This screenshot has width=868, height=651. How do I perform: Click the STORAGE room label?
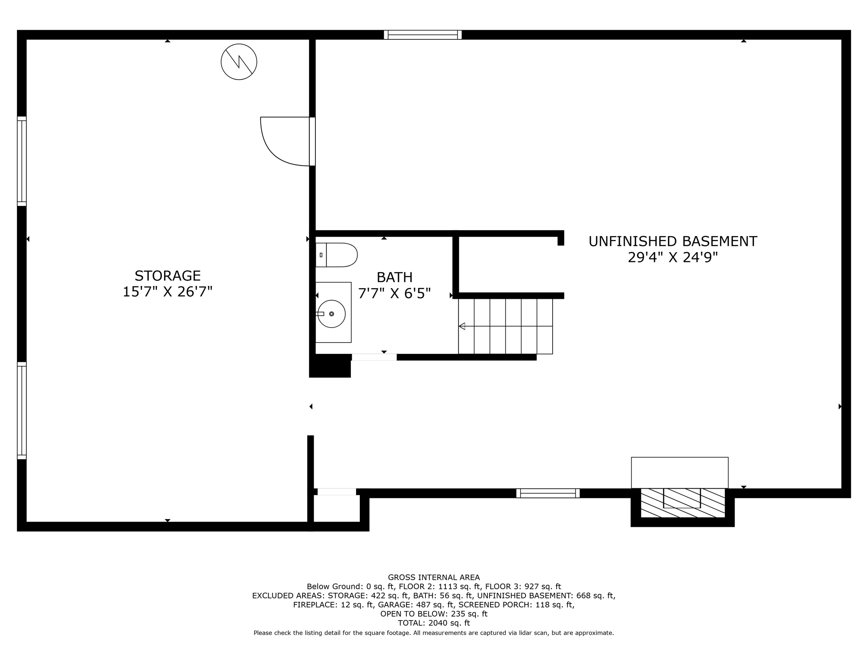pos(167,276)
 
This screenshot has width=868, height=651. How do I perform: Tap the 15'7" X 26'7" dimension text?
pos(167,292)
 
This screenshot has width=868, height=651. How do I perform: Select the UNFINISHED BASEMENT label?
pos(673,242)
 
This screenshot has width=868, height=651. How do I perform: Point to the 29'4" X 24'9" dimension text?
pos(673,258)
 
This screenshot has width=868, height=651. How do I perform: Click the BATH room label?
pos(395,278)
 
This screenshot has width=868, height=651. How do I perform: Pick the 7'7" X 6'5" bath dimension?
pos(395,294)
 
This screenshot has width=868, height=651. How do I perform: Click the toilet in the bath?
pos(337,255)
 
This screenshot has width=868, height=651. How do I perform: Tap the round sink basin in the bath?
pos(331,314)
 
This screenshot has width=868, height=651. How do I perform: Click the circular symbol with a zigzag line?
pos(239,62)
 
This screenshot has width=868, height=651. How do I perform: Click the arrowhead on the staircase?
pos(462,326)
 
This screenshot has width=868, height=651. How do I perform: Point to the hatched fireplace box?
pos(682,503)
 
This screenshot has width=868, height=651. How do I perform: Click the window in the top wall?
pos(423,35)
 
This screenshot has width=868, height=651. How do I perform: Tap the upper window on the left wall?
pos(22,161)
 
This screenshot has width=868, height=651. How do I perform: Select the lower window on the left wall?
pos(22,410)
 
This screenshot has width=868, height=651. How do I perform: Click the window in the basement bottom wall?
pos(548,493)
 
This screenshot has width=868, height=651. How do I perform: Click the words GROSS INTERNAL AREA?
pos(434,577)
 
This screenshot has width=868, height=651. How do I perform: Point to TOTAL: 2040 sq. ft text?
pos(434,623)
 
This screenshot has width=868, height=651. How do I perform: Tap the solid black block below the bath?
pos(330,366)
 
